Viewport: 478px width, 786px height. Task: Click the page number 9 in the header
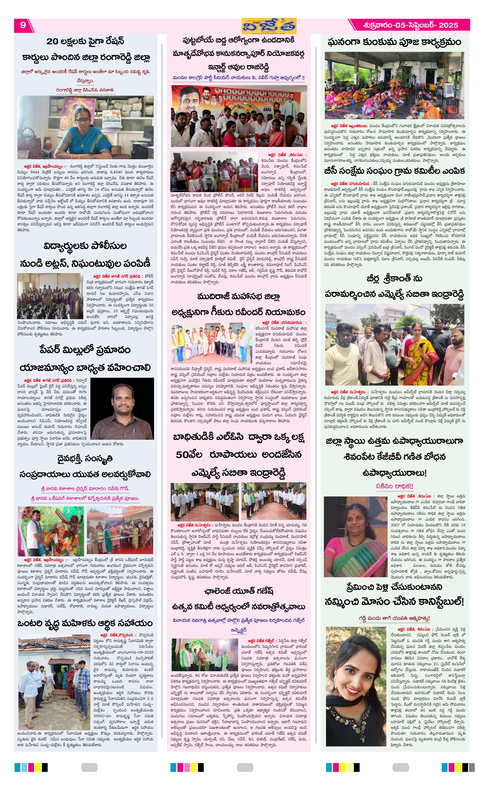(23, 25)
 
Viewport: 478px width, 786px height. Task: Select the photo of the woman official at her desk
(85, 127)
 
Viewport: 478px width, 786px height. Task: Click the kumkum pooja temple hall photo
(394, 85)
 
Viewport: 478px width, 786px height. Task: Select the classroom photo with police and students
(50, 296)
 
